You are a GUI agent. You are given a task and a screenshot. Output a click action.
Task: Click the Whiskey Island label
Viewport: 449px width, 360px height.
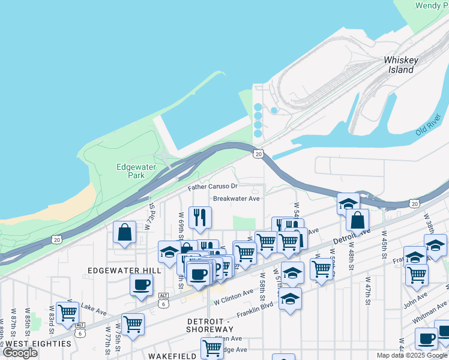click(x=400, y=65)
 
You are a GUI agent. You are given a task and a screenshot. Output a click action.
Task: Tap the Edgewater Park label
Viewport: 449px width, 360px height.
click(x=130, y=171)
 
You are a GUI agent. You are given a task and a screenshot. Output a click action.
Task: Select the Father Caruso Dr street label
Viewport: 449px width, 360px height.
click(x=213, y=188)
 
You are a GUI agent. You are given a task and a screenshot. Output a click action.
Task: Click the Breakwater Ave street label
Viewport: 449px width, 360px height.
click(x=237, y=199)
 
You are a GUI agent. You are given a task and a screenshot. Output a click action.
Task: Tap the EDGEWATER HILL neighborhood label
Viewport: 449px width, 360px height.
click(x=124, y=271)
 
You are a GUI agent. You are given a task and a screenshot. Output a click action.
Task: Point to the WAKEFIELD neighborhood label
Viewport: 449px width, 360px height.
click(x=173, y=356)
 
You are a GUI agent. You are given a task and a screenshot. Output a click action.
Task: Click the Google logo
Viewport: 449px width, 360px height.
click(x=20, y=353)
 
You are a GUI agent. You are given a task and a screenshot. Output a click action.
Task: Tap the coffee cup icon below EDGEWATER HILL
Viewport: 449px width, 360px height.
click(x=141, y=284)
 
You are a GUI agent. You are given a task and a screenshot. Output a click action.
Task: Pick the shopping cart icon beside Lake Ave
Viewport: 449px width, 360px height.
click(x=67, y=312)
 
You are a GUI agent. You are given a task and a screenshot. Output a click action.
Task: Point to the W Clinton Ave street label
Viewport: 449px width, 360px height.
click(x=232, y=295)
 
